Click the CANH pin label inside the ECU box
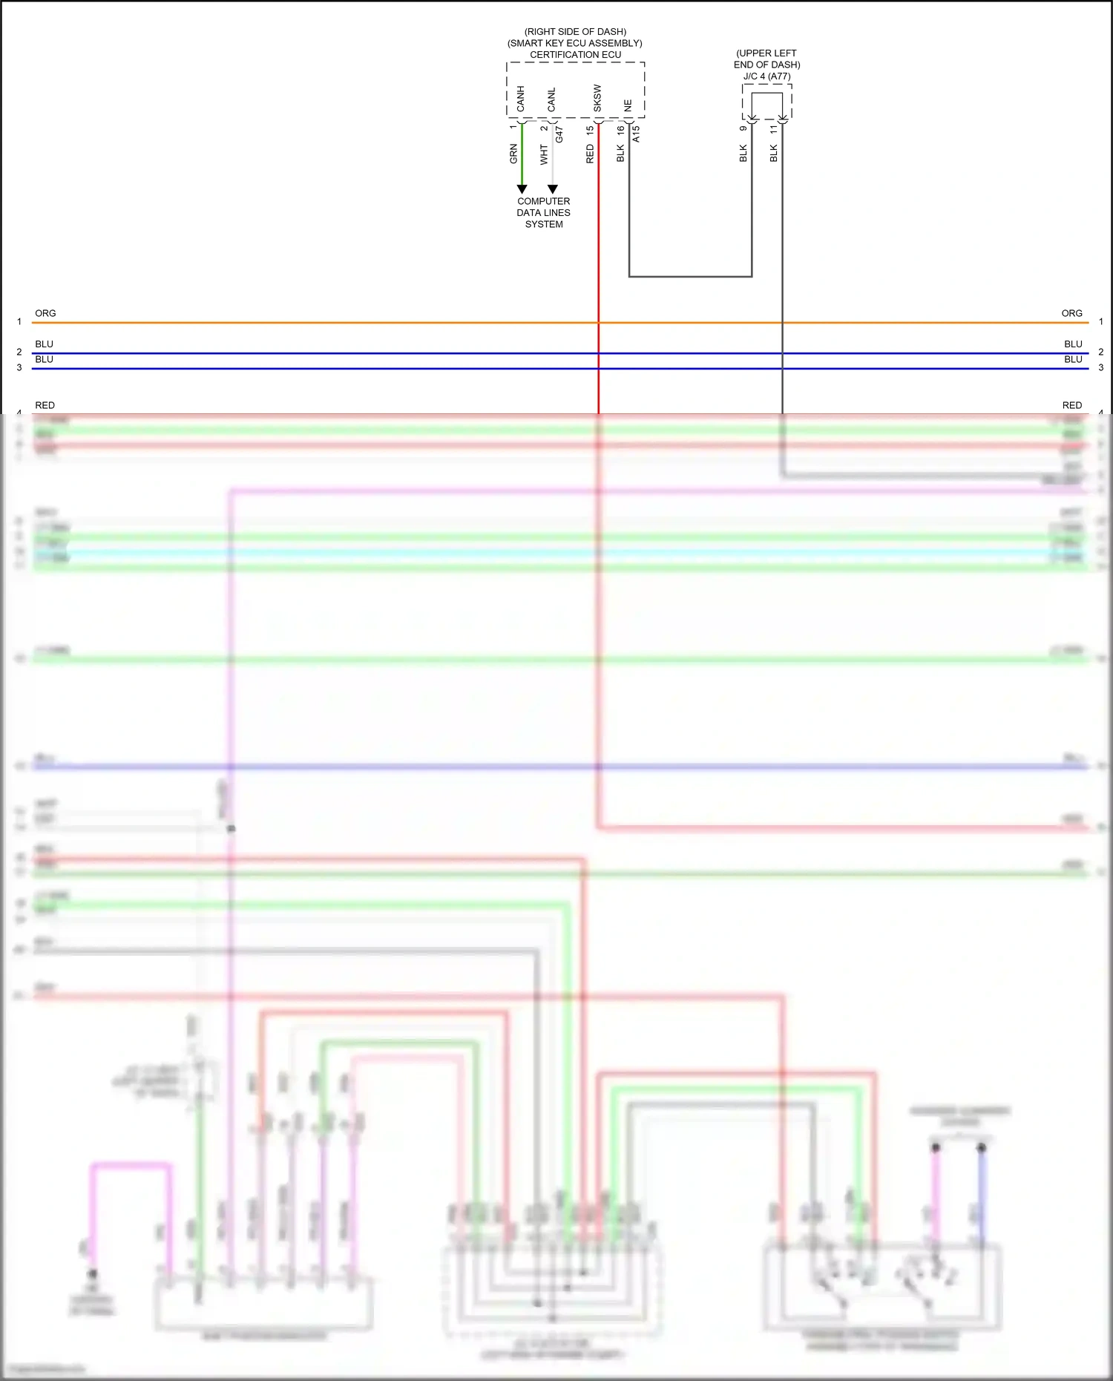(520, 99)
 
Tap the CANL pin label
(551, 99)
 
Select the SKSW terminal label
(597, 98)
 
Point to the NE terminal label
(628, 105)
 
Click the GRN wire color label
(513, 154)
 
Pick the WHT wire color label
(544, 154)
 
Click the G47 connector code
(559, 134)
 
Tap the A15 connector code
(636, 134)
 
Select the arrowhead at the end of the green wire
(522, 189)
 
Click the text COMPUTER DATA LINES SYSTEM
(544, 212)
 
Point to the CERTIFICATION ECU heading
(575, 54)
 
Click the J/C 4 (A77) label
(767, 76)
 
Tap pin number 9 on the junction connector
(743, 128)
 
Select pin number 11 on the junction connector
(774, 128)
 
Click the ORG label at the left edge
(45, 313)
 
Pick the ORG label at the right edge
(1071, 313)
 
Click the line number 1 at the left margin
(19, 321)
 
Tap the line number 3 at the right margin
(1101, 367)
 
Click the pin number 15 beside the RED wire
(590, 130)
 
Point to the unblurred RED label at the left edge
(45, 405)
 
